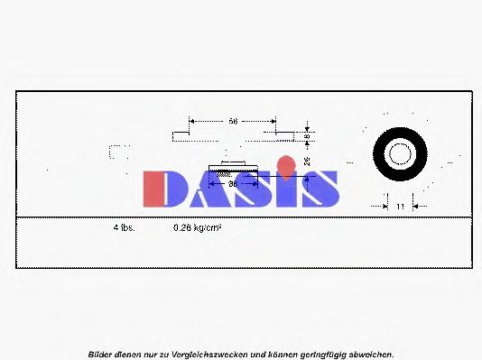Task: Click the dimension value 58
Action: pyautogui.click(x=232, y=120)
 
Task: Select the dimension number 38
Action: pyautogui.click(x=232, y=183)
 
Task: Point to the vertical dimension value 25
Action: pyautogui.click(x=308, y=161)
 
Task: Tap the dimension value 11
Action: pyautogui.click(x=399, y=207)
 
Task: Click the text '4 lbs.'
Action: pyautogui.click(x=124, y=228)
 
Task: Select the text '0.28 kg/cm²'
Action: pyautogui.click(x=197, y=228)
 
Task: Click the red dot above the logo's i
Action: pyautogui.click(x=285, y=165)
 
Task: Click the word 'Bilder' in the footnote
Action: pyautogui.click(x=100, y=354)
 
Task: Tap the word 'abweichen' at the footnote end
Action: pyautogui.click(x=371, y=354)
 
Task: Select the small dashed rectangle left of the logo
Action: pyautogui.click(x=113, y=152)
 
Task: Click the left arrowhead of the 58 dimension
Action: pyautogui.click(x=191, y=120)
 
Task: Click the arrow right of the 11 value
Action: pyautogui.click(x=417, y=207)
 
